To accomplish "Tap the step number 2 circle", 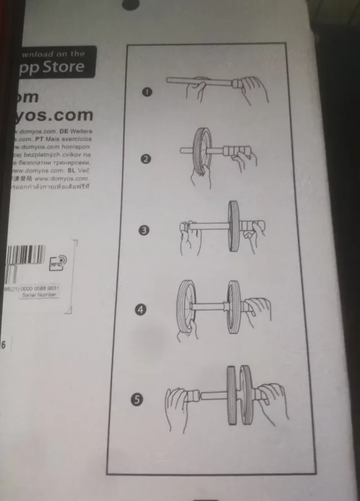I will tap(145, 159).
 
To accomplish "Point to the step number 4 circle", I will tap(142, 309).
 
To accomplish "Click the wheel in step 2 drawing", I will tap(201, 151).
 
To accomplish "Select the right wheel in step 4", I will tap(235, 306).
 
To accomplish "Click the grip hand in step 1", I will tap(251, 90).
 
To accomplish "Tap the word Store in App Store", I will tap(62, 67).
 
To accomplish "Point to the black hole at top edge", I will tap(129, 4).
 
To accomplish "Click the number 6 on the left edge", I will tap(3, 345).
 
